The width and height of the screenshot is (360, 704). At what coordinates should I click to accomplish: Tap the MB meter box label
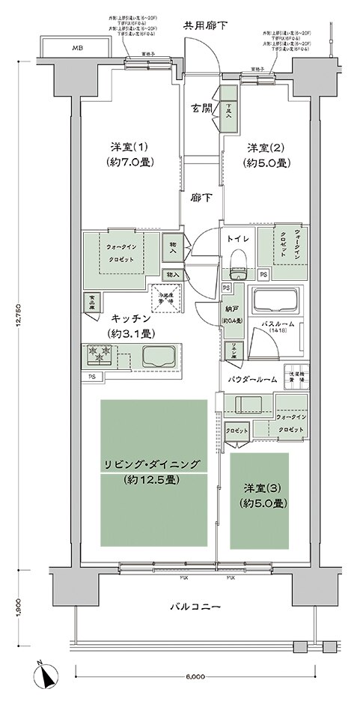pos(77,49)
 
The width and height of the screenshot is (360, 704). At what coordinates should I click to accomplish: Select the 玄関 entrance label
pos(200,107)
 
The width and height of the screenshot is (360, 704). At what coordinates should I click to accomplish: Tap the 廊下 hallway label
pos(198,198)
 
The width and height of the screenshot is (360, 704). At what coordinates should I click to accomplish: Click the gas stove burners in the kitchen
pos(100,351)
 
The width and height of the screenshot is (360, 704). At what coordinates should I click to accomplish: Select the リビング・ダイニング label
pos(152,464)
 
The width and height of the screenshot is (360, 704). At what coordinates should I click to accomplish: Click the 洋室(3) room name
pos(260,488)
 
